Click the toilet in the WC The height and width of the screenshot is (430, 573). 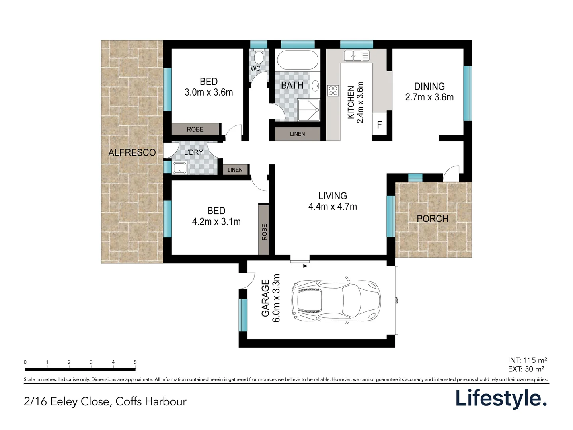tap(258, 56)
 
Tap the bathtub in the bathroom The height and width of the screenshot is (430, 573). tap(297, 60)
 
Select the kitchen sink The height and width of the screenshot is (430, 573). tap(356, 55)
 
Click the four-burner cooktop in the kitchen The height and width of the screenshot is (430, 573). tap(333, 91)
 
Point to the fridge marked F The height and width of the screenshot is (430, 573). tap(379, 124)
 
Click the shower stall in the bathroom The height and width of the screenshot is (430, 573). tap(309, 110)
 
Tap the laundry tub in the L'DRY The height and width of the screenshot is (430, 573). tap(179, 168)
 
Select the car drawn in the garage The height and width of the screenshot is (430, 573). tap(336, 302)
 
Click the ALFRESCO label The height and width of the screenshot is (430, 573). tap(132, 152)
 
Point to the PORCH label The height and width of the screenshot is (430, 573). tap(433, 219)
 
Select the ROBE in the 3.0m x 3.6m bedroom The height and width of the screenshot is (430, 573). tap(195, 129)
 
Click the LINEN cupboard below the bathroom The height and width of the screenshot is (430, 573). tap(297, 134)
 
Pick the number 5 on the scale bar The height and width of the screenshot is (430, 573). tap(135, 362)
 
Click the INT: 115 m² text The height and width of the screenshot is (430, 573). tap(527, 360)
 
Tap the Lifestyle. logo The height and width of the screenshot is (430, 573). tap(501, 399)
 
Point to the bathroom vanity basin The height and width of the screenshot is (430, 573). tap(316, 85)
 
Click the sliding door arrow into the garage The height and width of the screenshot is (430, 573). tap(300, 266)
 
